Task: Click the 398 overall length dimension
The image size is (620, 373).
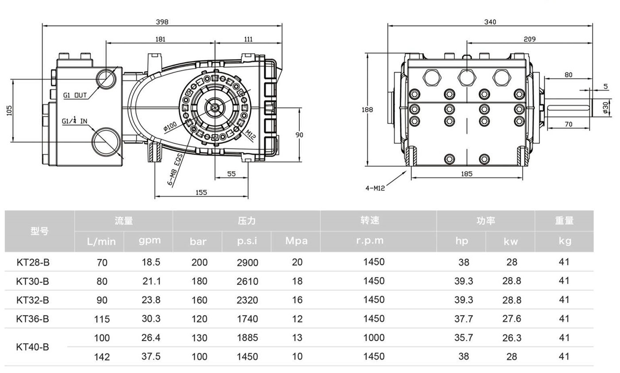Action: coord(162,22)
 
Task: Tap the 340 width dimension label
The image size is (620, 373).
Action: coord(490,22)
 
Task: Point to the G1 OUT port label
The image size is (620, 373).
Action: coord(75,95)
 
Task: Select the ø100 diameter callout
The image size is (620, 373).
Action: coord(170,127)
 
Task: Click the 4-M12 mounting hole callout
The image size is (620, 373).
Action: coord(375,188)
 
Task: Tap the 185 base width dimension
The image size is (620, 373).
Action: coord(466,174)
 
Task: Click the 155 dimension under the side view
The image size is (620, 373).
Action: coord(201,192)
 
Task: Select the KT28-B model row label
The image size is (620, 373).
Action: coord(33,262)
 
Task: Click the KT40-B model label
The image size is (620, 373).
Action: coord(33,347)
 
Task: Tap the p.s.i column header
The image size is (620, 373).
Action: coord(247,241)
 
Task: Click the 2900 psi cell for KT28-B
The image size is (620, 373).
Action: coord(248,262)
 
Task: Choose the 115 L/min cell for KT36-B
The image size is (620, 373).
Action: coord(102,319)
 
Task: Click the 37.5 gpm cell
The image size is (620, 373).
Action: coord(151,356)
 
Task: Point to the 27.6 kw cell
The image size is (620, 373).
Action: coord(511,319)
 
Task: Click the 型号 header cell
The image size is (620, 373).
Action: coord(40,231)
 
